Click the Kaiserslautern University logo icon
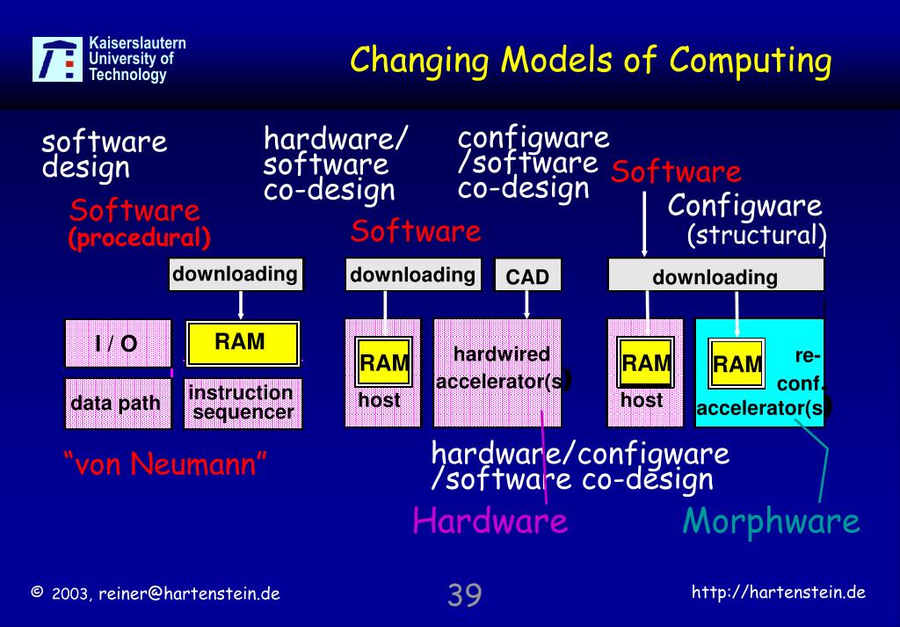[x=59, y=59]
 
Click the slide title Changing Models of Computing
[x=590, y=61]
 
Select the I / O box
[x=116, y=343]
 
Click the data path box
[x=117, y=404]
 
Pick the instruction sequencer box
[x=243, y=404]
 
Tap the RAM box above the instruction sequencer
[x=242, y=343]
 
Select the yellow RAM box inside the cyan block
[x=737, y=363]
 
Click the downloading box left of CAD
[x=412, y=275]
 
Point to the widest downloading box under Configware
[x=715, y=277]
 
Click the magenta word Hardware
[x=490, y=521]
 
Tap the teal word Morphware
[x=771, y=521]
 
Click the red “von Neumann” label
[x=165, y=463]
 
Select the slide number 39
[x=464, y=595]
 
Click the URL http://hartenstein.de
[x=779, y=592]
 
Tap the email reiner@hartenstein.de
[x=189, y=594]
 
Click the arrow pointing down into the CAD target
[x=526, y=304]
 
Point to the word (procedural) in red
[x=140, y=238]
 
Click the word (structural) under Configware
[x=756, y=236]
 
